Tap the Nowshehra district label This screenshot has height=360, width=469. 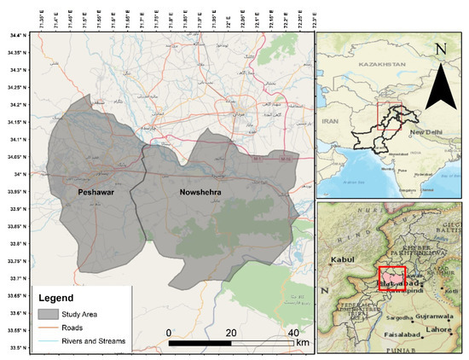click(202, 193)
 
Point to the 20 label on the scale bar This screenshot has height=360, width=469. click(230, 332)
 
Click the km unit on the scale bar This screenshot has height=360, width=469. click(303, 343)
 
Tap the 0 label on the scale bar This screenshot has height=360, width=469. click(169, 332)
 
